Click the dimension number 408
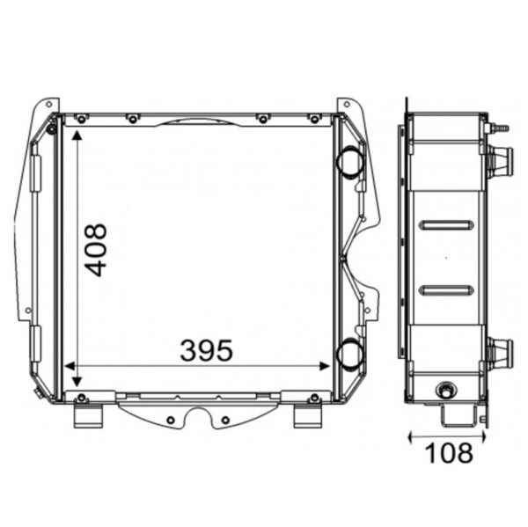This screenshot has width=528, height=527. coord(96,250)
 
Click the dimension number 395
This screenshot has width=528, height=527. coord(206,350)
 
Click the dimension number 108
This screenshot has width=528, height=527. coord(449,452)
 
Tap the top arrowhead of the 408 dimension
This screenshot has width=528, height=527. coord(77,135)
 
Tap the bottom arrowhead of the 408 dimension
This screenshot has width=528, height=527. coord(77,382)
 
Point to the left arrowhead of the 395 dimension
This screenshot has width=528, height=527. coord(70,366)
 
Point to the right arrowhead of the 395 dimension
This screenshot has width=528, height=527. coord(325,366)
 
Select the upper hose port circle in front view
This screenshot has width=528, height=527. coord(350,162)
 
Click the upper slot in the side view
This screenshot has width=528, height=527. coord(446,225)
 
